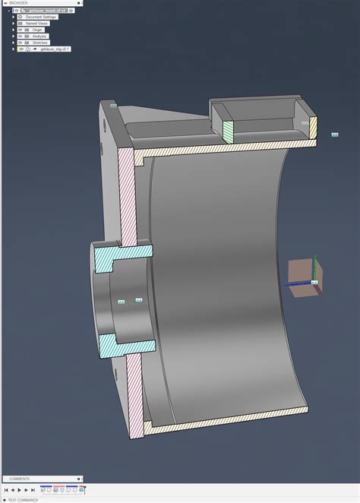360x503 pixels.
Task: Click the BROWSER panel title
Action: tap(18, 3)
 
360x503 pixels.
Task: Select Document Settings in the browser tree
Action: tap(40, 17)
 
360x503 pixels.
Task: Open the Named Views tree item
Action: tap(36, 24)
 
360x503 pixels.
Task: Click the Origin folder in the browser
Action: tap(37, 30)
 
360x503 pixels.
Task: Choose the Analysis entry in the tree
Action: tap(39, 36)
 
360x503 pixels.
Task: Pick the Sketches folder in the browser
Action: tap(39, 43)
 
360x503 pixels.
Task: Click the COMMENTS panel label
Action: tap(19, 479)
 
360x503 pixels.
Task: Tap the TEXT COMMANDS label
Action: tap(22, 500)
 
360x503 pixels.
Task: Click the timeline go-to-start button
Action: tap(6, 490)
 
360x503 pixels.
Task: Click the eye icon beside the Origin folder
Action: tap(21, 30)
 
